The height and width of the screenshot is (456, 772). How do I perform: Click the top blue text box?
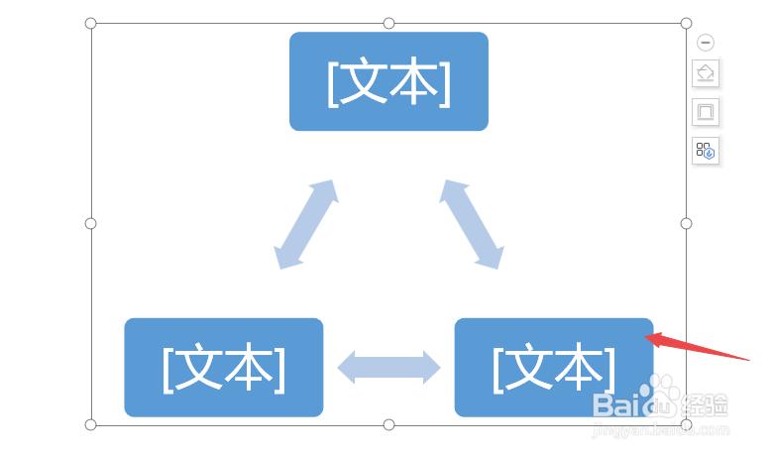click(388, 81)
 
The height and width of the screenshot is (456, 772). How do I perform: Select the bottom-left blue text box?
click(224, 367)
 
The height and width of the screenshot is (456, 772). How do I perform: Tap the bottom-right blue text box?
click(553, 367)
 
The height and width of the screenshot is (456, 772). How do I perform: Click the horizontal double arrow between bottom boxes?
click(388, 367)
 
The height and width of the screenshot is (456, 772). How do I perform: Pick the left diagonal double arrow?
click(306, 224)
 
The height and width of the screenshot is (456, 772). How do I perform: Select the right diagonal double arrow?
click(472, 224)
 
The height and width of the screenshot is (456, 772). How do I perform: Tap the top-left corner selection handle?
click(91, 23)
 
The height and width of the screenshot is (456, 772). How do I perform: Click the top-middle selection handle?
click(388, 23)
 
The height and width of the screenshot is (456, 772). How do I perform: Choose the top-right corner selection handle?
click(686, 23)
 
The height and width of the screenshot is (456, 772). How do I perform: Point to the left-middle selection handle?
click(91, 223)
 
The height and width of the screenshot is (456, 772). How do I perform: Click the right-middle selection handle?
click(686, 223)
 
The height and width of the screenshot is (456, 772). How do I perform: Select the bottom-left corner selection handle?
click(91, 424)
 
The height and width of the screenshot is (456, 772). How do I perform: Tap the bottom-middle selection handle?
click(388, 424)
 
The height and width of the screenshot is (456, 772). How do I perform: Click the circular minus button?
click(706, 43)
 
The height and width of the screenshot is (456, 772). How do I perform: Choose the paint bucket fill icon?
click(706, 73)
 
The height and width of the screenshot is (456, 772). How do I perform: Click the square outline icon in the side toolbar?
click(706, 112)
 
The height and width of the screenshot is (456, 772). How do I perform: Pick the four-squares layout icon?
click(706, 151)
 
